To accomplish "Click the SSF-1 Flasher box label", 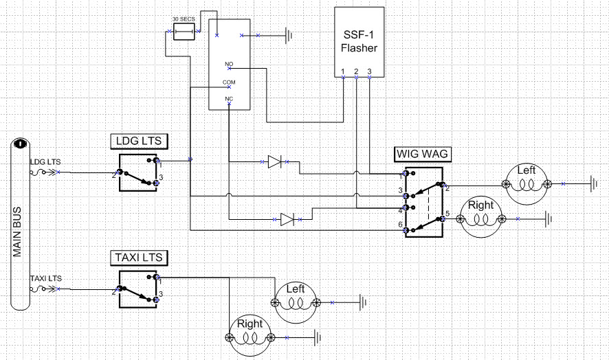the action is [359, 41].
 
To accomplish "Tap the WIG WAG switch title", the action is [422, 154].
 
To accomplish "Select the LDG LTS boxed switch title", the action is [139, 141].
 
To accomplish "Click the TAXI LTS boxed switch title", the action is [139, 258].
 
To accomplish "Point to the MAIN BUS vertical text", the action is [17, 232].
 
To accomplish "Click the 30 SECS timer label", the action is [184, 19].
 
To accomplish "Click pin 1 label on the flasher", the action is [343, 71].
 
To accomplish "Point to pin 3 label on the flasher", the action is [369, 71].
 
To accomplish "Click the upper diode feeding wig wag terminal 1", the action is [275, 161].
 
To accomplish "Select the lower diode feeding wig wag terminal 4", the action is [287, 219].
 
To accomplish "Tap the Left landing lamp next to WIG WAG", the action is [527, 184].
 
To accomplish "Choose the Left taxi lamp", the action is [296, 302].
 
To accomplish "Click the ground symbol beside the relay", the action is [289, 36].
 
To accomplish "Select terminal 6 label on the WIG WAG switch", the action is [401, 225].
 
